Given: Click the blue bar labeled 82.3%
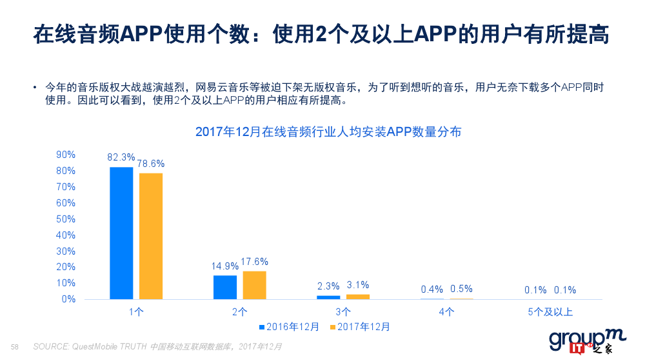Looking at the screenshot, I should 121,233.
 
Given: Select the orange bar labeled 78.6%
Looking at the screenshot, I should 151,236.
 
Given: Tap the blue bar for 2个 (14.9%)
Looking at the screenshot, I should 225,287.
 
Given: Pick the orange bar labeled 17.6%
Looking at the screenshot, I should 254,285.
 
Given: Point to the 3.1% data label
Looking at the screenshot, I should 358,285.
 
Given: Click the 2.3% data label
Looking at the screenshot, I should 328,286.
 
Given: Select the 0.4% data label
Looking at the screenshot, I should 432,289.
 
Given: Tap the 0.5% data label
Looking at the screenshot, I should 461,289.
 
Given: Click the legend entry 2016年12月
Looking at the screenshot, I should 289,327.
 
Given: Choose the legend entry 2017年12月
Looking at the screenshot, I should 360,327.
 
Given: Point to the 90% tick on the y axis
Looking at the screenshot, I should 66,155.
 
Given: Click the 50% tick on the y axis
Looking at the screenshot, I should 66,219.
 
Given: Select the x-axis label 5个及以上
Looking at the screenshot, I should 550,312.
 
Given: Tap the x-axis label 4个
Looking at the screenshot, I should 446,312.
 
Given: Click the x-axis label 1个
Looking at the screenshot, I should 136,312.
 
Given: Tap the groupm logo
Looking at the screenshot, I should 579,341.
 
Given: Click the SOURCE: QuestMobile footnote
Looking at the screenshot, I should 157,347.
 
